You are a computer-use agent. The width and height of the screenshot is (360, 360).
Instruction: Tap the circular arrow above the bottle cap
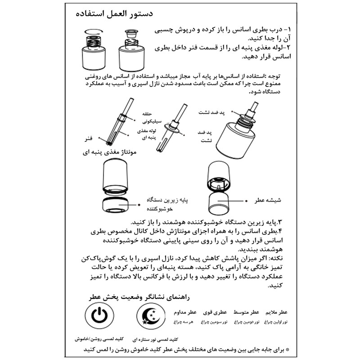[x=93, y=31]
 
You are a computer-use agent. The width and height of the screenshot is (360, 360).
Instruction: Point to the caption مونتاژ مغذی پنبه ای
[x=110, y=153]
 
